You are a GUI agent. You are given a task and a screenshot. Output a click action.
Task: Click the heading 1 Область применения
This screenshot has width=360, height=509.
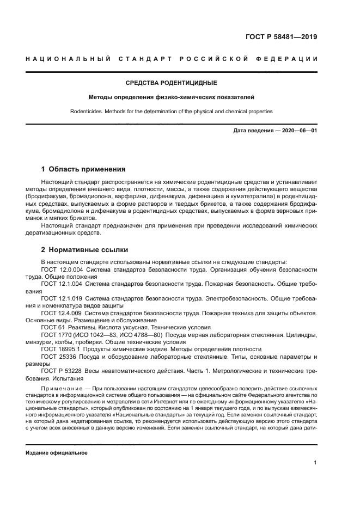(83, 169)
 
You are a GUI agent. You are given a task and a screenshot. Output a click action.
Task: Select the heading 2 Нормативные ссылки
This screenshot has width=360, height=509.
(84, 250)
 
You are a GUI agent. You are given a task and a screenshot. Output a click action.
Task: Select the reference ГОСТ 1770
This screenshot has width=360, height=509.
(54, 335)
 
